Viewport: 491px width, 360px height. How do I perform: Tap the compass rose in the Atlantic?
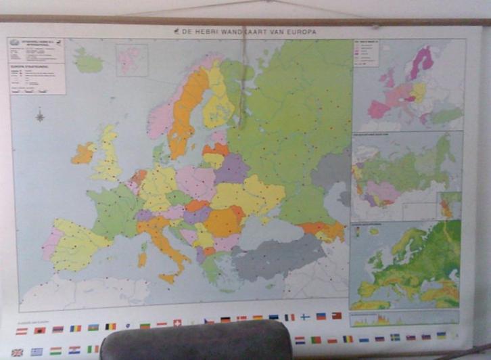[40, 116]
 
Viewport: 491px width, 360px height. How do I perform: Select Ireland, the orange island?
[83, 154]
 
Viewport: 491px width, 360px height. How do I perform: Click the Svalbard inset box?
[131, 60]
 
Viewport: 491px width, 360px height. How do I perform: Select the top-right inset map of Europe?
[408, 84]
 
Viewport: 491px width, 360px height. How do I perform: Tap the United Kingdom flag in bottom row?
[17, 352]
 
